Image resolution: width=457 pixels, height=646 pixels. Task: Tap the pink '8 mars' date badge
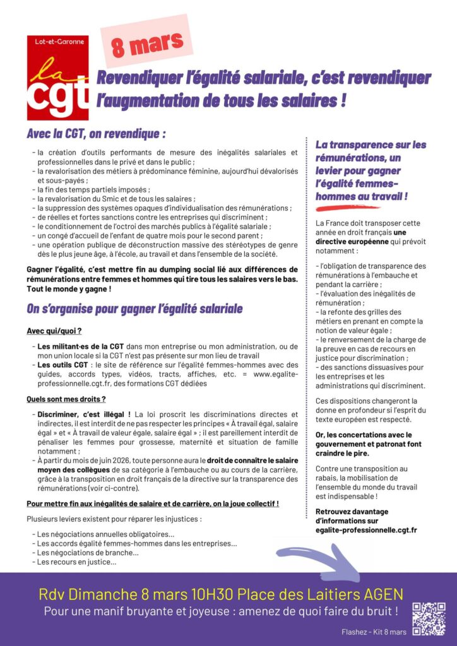point(148,42)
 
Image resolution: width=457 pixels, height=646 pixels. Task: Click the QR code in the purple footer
point(429,618)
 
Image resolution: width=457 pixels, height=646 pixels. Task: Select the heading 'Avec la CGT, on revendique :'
point(96,135)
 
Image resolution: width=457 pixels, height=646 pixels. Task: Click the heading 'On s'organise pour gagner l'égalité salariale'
point(134,308)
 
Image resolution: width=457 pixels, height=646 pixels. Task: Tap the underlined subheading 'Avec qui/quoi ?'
point(54,331)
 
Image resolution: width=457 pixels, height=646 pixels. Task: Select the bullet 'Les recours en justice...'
point(76,561)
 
